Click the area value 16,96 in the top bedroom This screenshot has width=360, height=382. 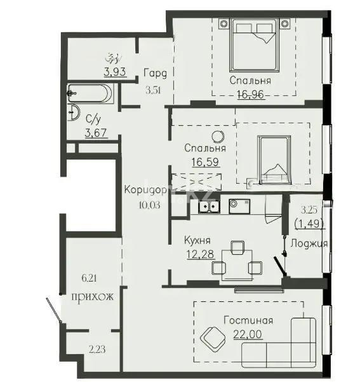251,94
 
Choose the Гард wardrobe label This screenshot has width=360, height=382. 155,71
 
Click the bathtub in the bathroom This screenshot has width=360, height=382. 91,93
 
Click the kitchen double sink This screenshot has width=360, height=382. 208,206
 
